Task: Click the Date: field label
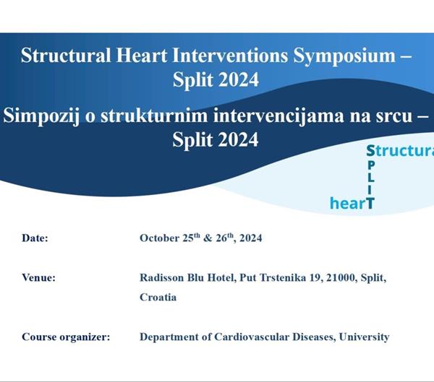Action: [x=35, y=238]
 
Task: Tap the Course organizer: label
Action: [x=66, y=337]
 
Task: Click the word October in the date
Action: [x=162, y=238]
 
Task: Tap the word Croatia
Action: [x=158, y=297]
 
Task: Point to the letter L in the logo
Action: [x=370, y=178]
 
